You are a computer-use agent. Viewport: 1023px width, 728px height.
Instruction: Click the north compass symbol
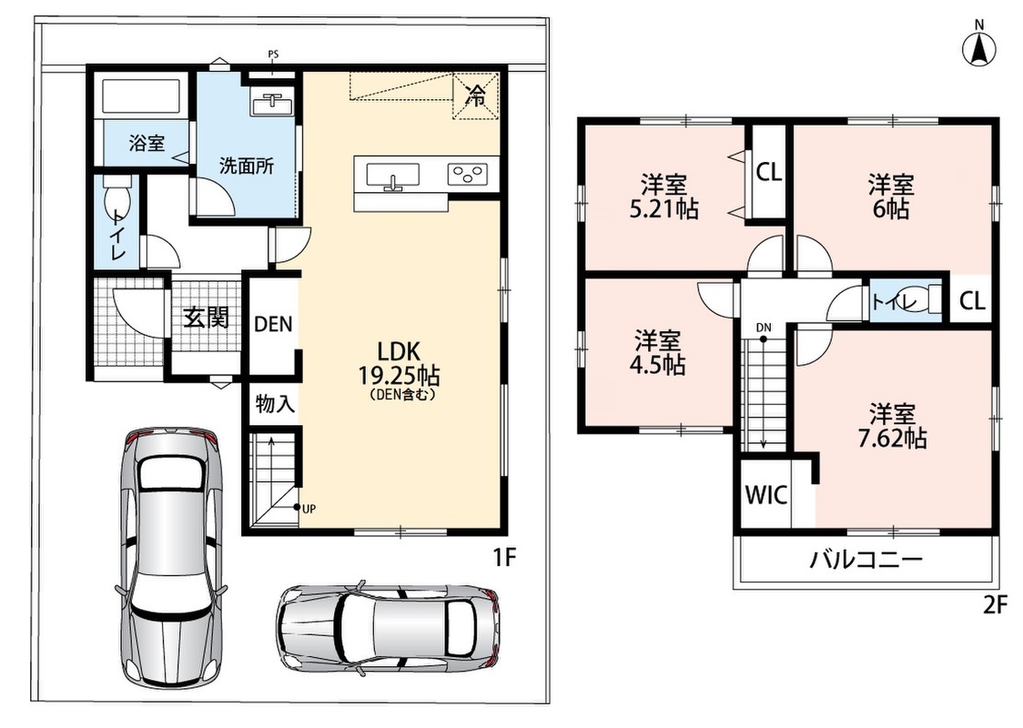pos(979,45)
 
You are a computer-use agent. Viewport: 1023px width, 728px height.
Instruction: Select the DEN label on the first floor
pos(273,324)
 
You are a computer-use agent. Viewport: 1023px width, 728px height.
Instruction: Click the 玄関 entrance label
pos(206,318)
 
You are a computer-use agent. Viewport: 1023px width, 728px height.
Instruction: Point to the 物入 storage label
pos(275,404)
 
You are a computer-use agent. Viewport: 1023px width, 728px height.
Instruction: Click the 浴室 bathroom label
pos(147,143)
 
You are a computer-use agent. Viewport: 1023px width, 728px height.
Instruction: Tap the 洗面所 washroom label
pos(246,167)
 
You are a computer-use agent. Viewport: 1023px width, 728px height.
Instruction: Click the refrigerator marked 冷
pos(476,96)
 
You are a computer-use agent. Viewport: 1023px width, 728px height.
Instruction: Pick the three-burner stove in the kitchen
pos(467,174)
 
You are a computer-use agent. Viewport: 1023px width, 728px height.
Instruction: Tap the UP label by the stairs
pos(309,509)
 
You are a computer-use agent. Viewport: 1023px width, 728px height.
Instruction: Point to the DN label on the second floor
pos(764,328)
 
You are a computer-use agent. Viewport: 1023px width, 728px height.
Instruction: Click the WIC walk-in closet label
pos(766,495)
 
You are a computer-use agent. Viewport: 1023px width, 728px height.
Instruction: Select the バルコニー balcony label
pos(866,560)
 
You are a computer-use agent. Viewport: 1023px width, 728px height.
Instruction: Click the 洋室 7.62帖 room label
pos(892,426)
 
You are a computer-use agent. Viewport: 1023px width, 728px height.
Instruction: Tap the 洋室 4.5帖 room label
pos(657,353)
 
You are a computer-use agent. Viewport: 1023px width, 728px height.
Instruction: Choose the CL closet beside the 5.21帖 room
pos(768,172)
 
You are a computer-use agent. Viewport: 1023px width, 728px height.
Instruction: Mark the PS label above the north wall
pos(273,54)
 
